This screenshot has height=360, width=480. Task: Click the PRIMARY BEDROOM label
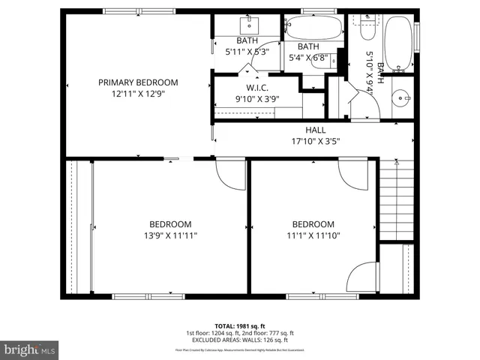click(138, 82)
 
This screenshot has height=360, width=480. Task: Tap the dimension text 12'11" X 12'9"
click(138, 94)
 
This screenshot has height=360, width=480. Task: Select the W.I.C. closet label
click(247, 87)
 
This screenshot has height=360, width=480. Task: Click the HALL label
click(315, 130)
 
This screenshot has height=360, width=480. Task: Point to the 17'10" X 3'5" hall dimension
click(315, 140)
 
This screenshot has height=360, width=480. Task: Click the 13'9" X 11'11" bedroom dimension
click(169, 235)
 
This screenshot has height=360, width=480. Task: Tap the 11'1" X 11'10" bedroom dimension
click(313, 235)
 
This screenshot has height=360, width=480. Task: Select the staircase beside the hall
click(398, 199)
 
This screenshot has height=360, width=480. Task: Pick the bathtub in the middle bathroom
click(314, 30)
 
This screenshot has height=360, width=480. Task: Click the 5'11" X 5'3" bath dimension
click(247, 52)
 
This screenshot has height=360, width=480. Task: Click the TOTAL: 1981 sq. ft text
click(239, 326)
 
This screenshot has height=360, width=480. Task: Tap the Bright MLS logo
click(30, 349)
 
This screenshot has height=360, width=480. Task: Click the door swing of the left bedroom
click(229, 174)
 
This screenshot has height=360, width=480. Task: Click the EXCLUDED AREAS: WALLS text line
click(239, 340)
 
